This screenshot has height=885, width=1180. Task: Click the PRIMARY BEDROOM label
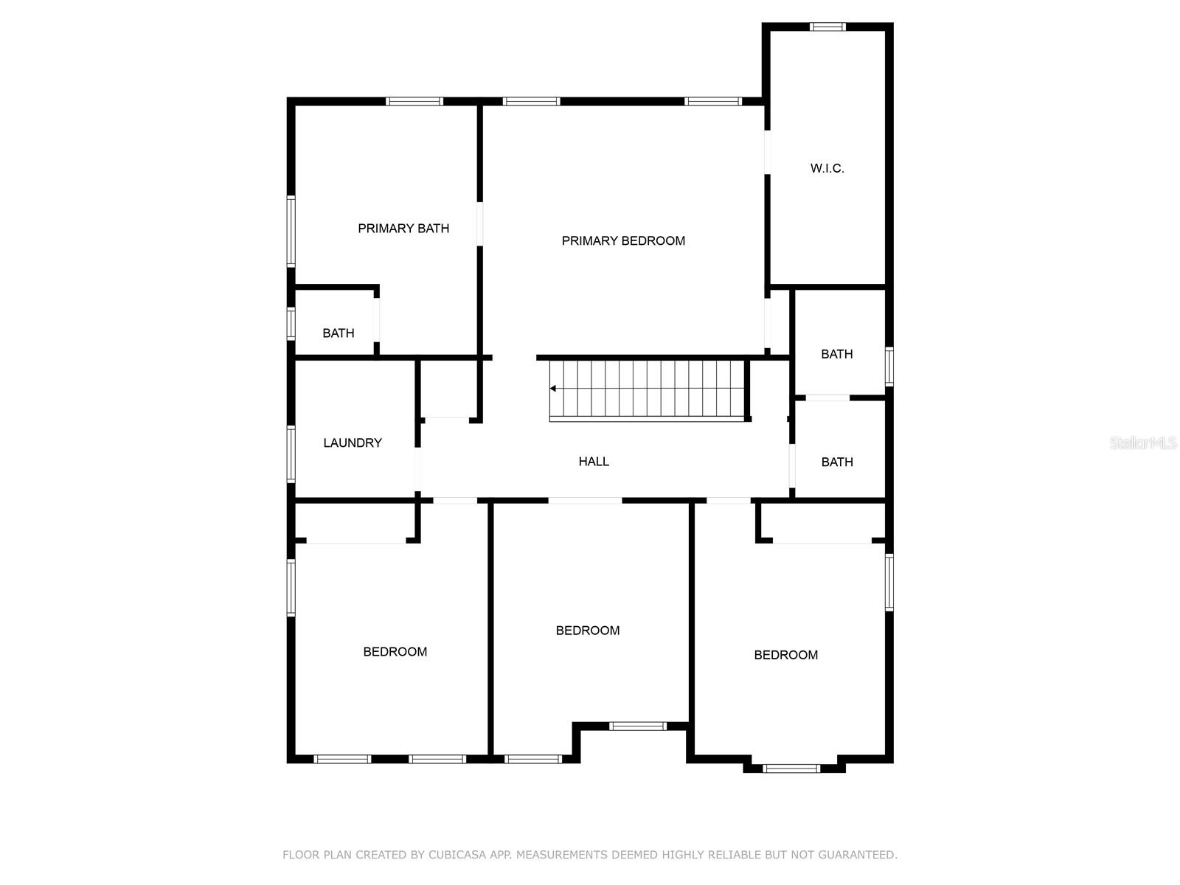click(623, 240)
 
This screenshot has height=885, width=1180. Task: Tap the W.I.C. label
click(827, 168)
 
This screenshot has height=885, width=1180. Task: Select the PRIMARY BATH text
click(403, 229)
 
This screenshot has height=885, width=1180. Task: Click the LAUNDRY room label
click(353, 442)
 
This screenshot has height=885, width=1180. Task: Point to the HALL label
click(594, 462)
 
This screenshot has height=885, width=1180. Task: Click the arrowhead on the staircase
click(553, 389)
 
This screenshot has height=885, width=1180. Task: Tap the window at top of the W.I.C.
click(827, 27)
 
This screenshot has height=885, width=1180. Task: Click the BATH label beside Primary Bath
click(339, 333)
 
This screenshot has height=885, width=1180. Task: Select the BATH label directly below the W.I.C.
click(837, 354)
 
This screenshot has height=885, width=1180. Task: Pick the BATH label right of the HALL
click(837, 462)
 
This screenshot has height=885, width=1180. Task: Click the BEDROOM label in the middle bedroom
click(588, 631)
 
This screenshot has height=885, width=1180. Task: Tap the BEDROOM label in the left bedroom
click(395, 652)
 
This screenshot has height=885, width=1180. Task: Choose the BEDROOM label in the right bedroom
click(785, 655)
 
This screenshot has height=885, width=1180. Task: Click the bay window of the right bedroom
click(791, 768)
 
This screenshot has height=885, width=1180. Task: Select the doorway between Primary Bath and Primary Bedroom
click(479, 223)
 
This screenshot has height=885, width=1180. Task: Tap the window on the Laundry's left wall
click(291, 454)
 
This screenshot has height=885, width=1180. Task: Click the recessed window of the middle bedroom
click(638, 726)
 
